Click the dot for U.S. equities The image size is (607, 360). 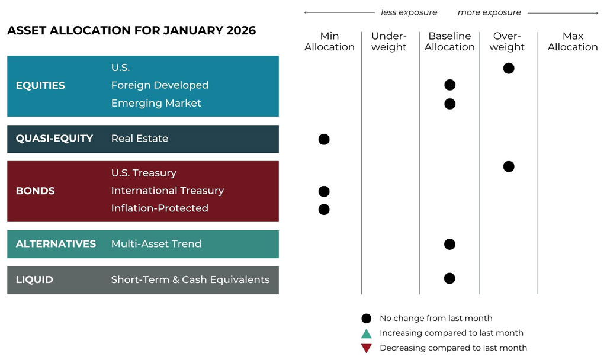pyautogui.click(x=508, y=68)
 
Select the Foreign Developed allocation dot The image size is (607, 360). pyautogui.click(x=449, y=85)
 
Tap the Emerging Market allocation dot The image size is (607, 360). pyautogui.click(x=449, y=104)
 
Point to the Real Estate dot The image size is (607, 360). pyautogui.click(x=324, y=139)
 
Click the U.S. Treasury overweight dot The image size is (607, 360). pyautogui.click(x=508, y=166)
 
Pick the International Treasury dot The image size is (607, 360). pyautogui.click(x=324, y=191)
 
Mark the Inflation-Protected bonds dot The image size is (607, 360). pyautogui.click(x=324, y=209)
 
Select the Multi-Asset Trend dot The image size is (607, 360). pyautogui.click(x=449, y=244)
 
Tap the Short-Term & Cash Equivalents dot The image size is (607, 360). pyautogui.click(x=449, y=278)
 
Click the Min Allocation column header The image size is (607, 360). pyautogui.click(x=329, y=41)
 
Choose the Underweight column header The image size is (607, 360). pyautogui.click(x=389, y=41)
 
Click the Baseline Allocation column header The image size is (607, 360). pyautogui.click(x=449, y=41)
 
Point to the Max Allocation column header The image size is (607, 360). pyautogui.click(x=573, y=41)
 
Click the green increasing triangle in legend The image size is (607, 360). pyautogui.click(x=367, y=333)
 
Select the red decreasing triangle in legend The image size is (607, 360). pyautogui.click(x=367, y=348)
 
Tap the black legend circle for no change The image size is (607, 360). pyautogui.click(x=367, y=319)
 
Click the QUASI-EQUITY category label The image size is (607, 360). pyautogui.click(x=54, y=139)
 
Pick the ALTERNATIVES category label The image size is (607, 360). pyautogui.click(x=56, y=244)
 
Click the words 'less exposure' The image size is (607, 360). pyautogui.click(x=409, y=12)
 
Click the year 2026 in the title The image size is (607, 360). pyautogui.click(x=241, y=31)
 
